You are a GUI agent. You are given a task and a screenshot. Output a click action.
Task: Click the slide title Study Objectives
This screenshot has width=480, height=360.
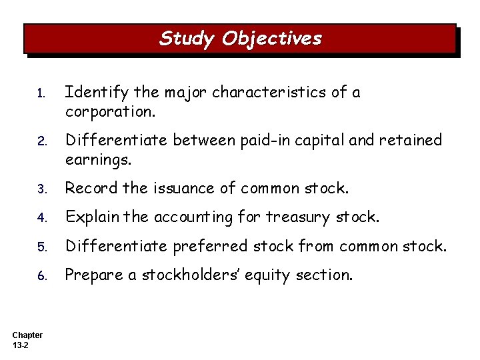click(x=240, y=39)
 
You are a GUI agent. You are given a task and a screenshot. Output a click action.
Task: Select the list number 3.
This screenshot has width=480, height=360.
click(x=41, y=189)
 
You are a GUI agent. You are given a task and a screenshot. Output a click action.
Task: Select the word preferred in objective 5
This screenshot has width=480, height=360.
click(x=205, y=247)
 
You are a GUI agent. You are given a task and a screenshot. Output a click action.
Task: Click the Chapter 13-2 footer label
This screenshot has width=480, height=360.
click(x=27, y=340)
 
